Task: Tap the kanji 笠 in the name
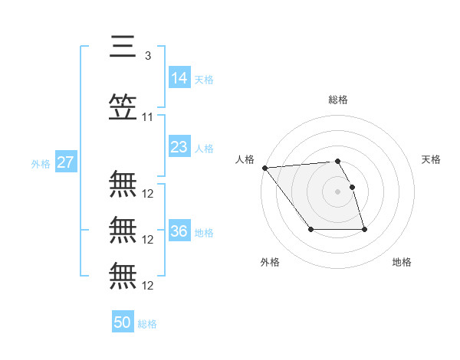pos(123,107)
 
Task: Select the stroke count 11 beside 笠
pos(148,117)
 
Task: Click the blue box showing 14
pos(179,77)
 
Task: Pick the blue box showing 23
pos(179,147)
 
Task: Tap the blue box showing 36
pos(179,231)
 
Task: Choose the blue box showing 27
pos(65,162)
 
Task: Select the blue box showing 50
pos(123,322)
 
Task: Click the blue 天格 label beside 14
pos(204,79)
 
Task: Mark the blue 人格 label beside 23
pos(204,148)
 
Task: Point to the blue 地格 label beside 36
pos(204,232)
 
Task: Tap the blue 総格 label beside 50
pos(147,324)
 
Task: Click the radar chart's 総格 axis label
pos(338,100)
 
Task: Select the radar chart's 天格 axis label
pos(432,159)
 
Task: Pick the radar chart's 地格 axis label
pos(402,262)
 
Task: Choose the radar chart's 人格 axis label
pos(245,159)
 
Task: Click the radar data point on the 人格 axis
pos(264,168)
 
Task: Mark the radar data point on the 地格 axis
pos(364,229)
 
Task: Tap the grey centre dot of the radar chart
pos(337,191)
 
